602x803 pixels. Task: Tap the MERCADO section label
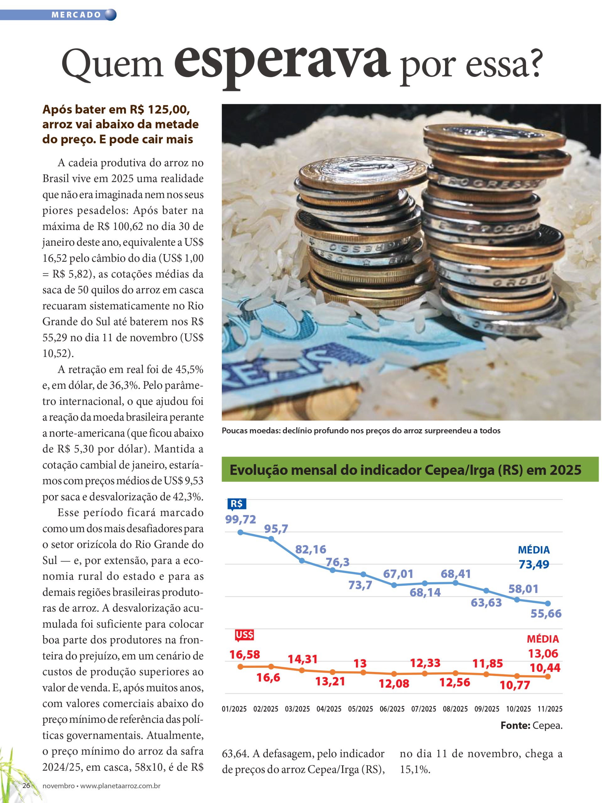tap(76, 15)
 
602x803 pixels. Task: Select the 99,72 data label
tap(240, 519)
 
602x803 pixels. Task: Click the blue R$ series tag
tap(237, 504)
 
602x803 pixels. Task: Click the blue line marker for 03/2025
tap(302, 561)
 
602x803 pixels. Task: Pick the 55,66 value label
tap(546, 614)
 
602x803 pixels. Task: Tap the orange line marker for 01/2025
tap(240, 667)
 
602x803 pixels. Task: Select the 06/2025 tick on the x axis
tap(392, 709)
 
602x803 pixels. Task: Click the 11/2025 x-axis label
tap(550, 709)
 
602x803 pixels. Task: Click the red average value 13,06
tap(543, 653)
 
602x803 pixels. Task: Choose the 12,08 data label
tap(394, 684)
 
